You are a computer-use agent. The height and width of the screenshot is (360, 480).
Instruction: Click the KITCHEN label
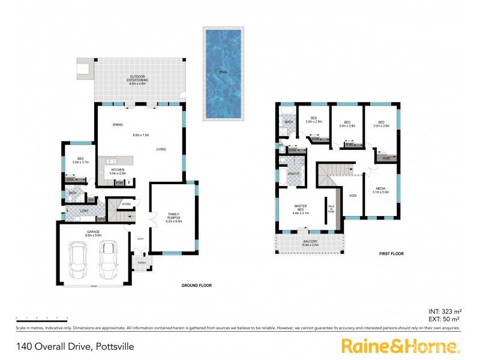(118, 170)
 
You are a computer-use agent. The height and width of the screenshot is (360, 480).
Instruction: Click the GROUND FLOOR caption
(197, 286)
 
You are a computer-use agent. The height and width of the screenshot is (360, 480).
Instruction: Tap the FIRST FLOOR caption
(391, 254)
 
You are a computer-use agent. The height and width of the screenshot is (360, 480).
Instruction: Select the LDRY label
(76, 211)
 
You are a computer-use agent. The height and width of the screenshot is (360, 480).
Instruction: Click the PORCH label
(142, 262)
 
